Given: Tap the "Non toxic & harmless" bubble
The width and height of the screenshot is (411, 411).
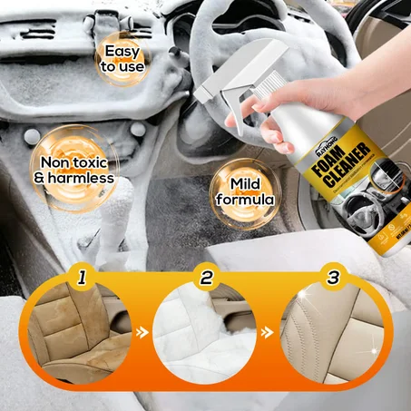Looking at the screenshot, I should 73,169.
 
